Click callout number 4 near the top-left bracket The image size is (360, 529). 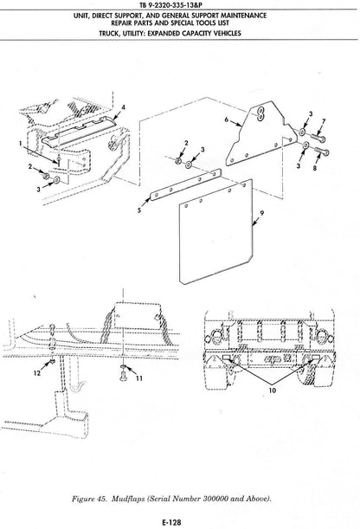(x=124, y=107)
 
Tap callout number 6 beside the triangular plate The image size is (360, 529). (x=227, y=119)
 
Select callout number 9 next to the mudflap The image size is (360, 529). (x=262, y=213)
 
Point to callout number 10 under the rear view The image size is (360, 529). (x=273, y=390)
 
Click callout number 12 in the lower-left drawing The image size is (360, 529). (x=37, y=373)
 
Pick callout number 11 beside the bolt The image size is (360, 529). (x=138, y=378)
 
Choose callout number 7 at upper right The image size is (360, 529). (x=324, y=121)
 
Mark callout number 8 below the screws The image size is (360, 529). (x=315, y=168)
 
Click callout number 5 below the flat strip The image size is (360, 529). (x=139, y=211)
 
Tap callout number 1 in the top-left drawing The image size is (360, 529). (x=20, y=144)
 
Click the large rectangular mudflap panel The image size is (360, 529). (x=215, y=232)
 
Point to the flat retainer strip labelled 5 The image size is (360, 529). (x=185, y=185)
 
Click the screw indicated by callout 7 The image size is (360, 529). (x=318, y=138)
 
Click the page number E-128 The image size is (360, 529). (x=171, y=523)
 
